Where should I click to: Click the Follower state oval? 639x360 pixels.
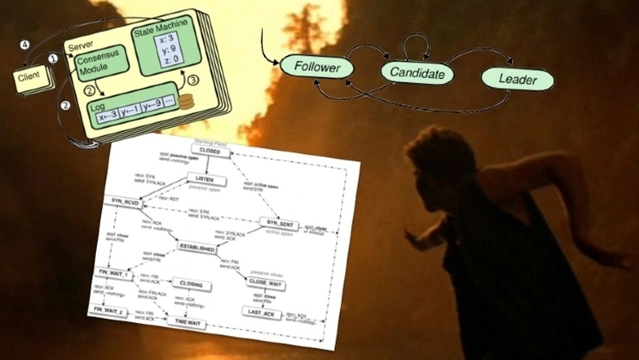pyautogui.click(x=318, y=65)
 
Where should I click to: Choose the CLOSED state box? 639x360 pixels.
pyautogui.click(x=211, y=151)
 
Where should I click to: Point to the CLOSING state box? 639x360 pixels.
pyautogui.click(x=190, y=283)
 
